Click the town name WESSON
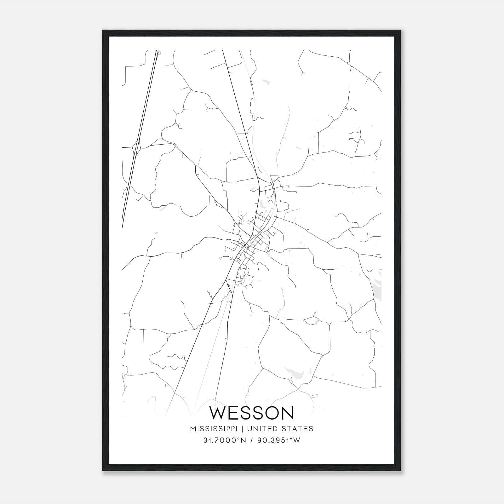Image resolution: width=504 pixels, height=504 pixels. point(252,413)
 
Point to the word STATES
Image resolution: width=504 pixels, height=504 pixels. point(298,429)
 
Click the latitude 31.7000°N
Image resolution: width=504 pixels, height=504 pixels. point(224,440)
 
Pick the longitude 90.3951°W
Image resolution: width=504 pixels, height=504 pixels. point(279,440)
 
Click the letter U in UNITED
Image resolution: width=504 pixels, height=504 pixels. point(249,429)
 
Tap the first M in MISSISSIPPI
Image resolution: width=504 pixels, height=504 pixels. point(193,429)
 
